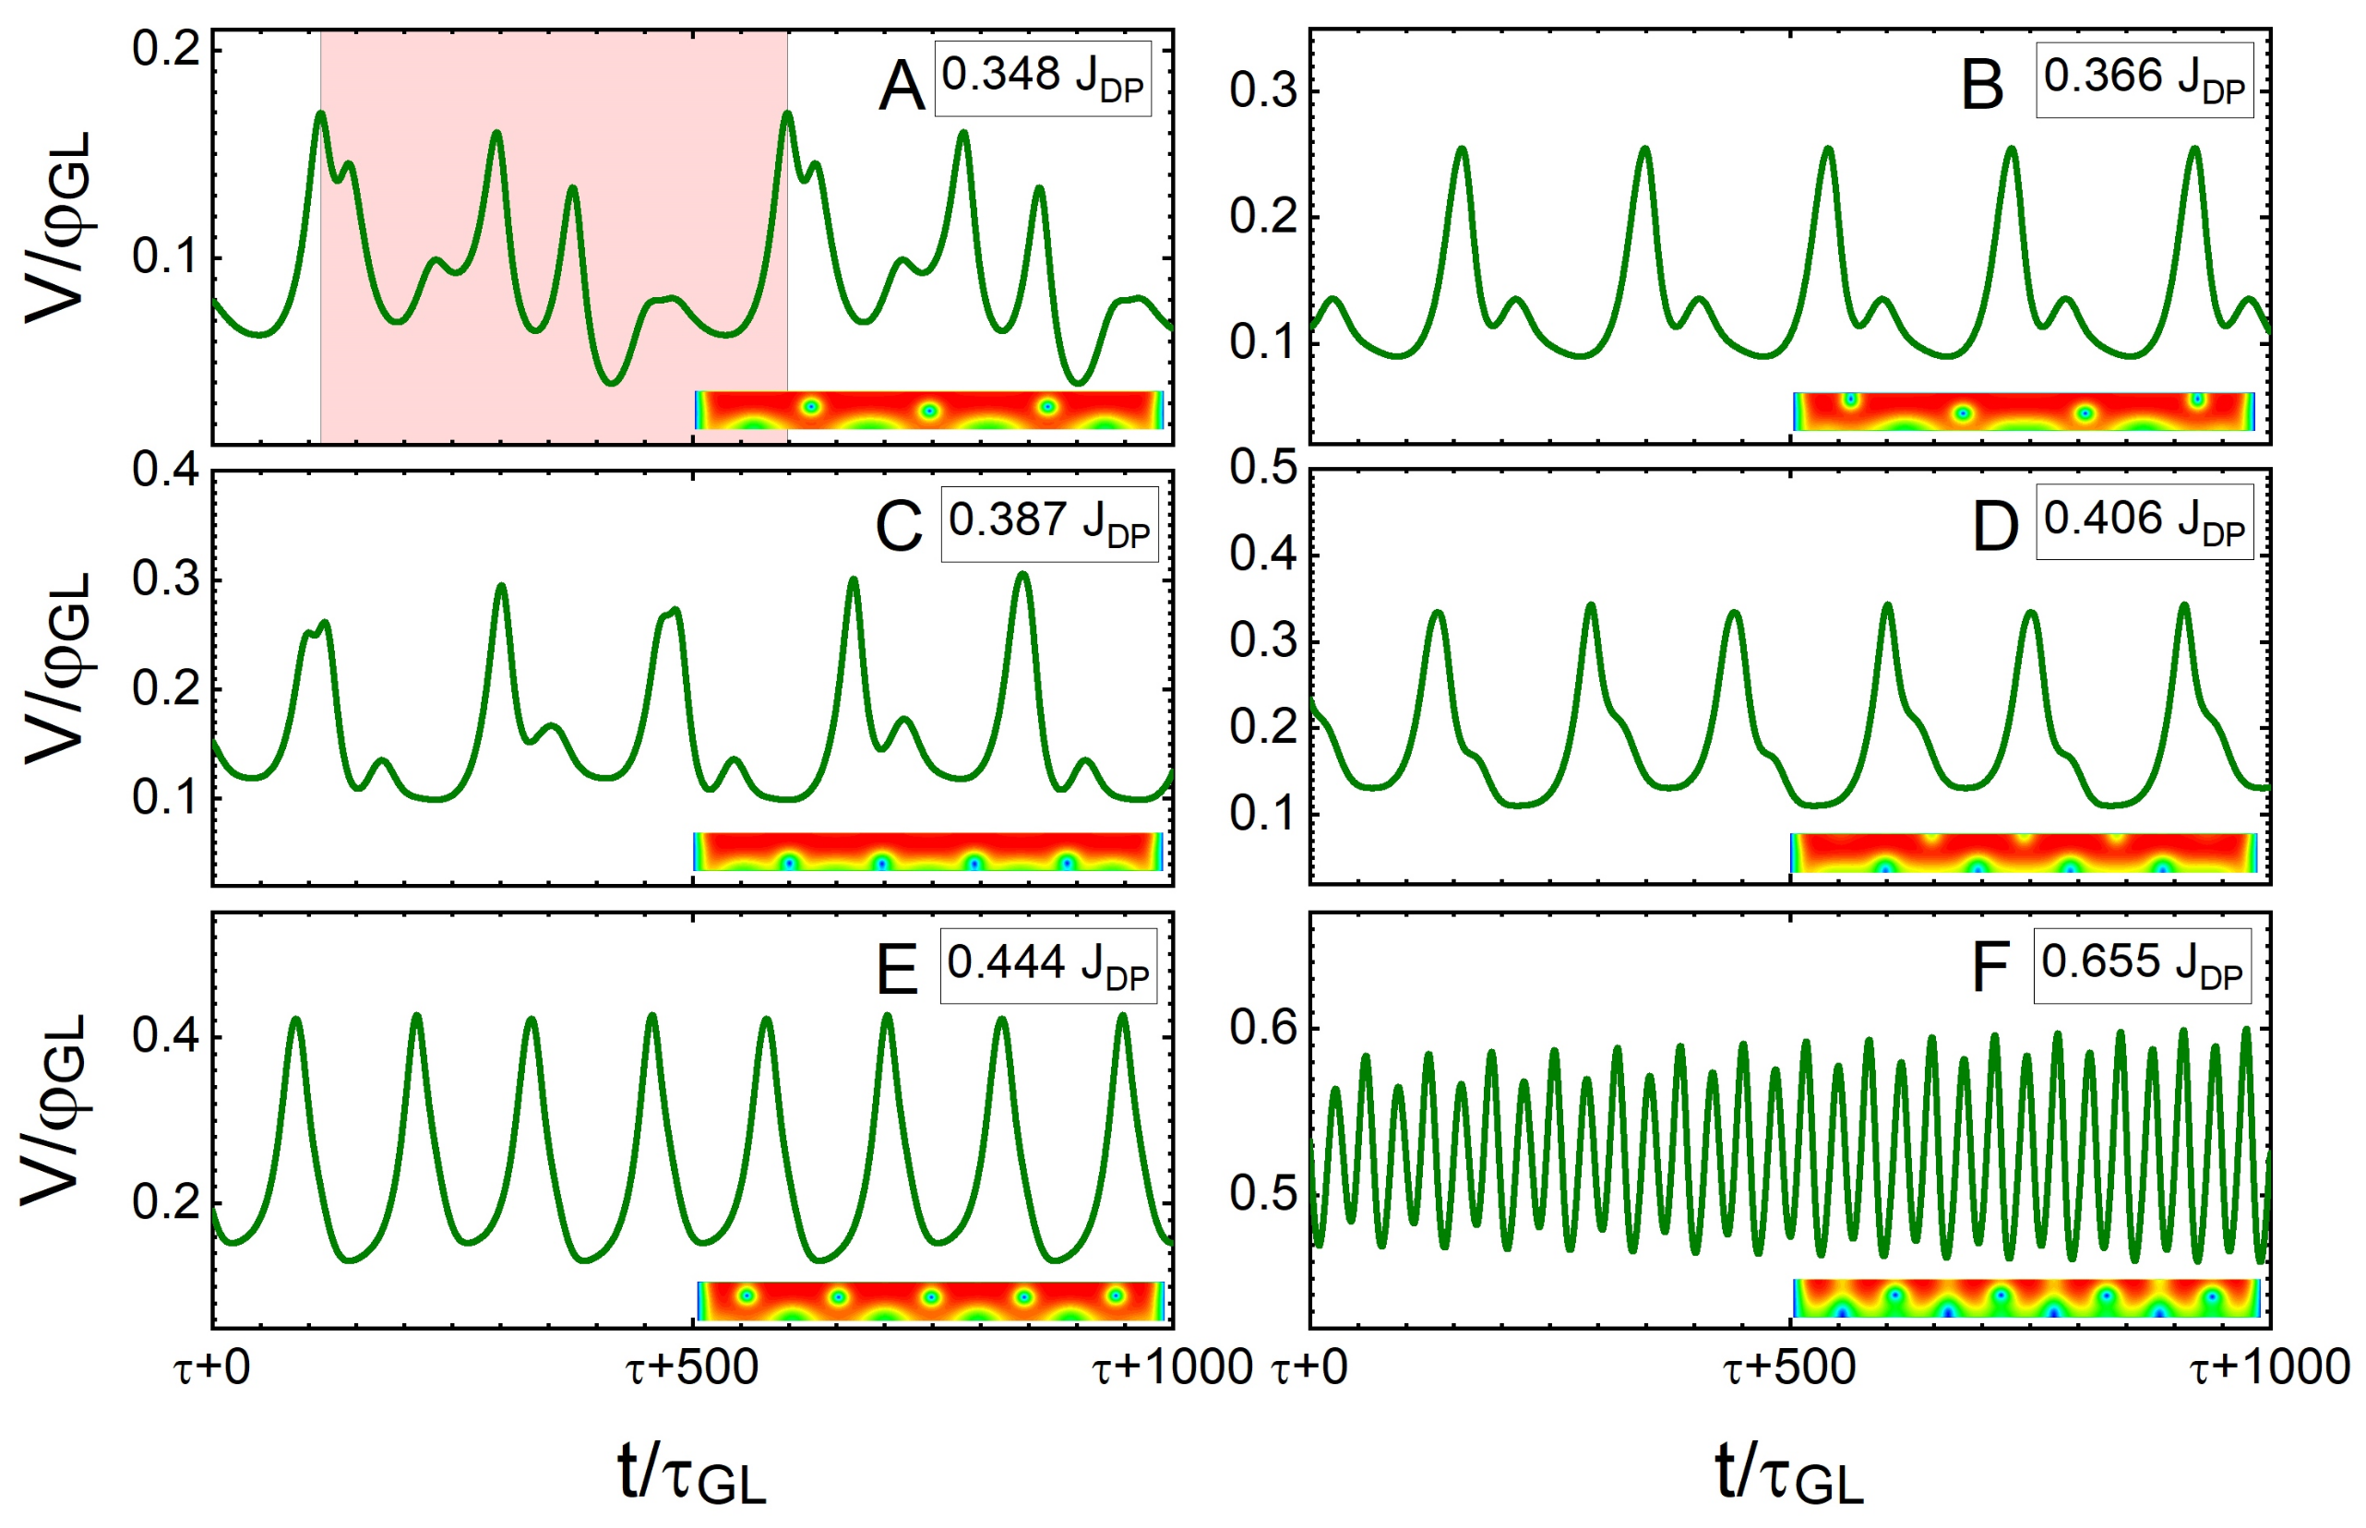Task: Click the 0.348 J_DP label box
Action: click(x=1042, y=78)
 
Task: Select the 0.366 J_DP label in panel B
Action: click(x=2143, y=80)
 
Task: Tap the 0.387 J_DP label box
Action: click(x=1048, y=524)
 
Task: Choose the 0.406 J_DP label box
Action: click(x=2143, y=522)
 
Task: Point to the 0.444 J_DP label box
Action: click(x=1047, y=965)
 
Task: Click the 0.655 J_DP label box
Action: click(x=2141, y=964)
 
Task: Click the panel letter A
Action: click(x=901, y=87)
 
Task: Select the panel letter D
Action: click(x=1994, y=527)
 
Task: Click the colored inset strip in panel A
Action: click(x=928, y=410)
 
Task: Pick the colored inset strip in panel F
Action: click(x=2025, y=1298)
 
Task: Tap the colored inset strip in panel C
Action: click(x=927, y=853)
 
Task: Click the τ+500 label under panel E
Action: click(x=691, y=1368)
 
